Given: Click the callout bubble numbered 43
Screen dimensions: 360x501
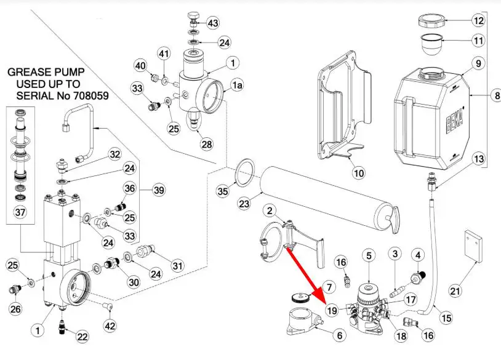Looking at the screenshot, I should click(212, 23).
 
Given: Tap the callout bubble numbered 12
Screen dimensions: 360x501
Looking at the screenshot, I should click(479, 20).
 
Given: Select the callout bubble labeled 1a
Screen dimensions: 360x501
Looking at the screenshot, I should click(237, 87).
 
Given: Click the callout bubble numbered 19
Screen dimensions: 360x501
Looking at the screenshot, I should click(332, 310).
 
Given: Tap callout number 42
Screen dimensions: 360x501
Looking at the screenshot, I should click(110, 326).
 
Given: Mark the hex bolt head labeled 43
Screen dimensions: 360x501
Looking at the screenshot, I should click(194, 15).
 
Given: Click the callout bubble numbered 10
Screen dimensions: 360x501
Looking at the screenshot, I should click(359, 173).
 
